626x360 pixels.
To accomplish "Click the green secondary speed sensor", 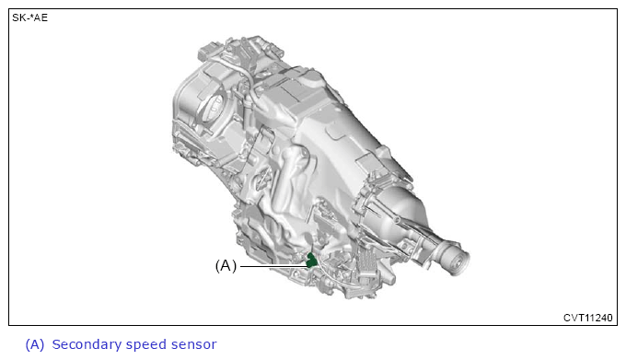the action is [x=311, y=260].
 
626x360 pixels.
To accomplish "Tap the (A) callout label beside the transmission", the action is [x=226, y=265].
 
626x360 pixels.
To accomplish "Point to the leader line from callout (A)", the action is [x=273, y=266].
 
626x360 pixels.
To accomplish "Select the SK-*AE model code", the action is [x=30, y=17].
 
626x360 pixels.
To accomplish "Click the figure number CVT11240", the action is [x=587, y=318].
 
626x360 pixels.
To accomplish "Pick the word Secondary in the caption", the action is [x=87, y=344].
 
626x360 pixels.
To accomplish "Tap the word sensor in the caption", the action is [x=193, y=345].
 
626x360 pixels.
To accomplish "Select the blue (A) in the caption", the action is [x=35, y=345].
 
